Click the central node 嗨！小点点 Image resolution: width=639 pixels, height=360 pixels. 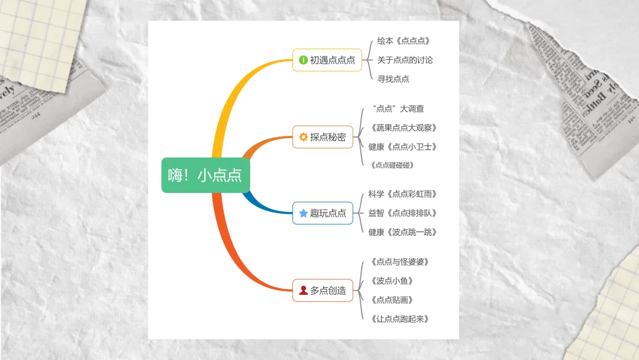205,175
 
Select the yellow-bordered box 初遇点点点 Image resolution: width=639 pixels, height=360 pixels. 327,60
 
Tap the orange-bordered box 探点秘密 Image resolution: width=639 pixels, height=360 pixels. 322,137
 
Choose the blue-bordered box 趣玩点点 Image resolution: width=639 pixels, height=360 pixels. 322,213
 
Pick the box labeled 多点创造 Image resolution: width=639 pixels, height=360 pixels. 322,290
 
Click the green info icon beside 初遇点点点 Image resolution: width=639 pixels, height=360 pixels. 303,60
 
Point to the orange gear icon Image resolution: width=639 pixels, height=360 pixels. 303,137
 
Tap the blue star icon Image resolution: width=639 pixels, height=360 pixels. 303,213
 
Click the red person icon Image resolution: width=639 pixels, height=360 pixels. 303,290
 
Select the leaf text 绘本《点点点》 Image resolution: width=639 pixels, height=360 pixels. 404,41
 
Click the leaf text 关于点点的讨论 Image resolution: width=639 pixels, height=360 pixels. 405,60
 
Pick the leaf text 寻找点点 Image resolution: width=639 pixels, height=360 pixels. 393,79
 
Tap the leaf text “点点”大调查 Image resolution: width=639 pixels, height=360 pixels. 398,108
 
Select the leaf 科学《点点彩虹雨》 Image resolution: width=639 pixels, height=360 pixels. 402,194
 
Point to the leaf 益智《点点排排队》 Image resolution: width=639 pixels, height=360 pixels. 402,213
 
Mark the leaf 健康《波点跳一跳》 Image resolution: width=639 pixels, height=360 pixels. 402,232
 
